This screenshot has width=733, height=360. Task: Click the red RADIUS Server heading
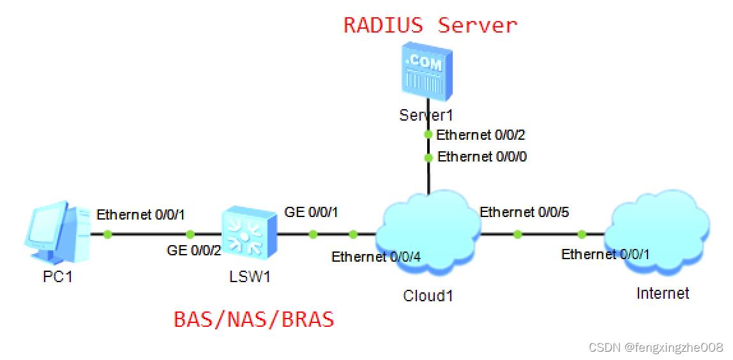[430, 25]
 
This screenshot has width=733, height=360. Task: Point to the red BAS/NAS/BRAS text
[254, 319]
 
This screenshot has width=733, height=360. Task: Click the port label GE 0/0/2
[193, 251]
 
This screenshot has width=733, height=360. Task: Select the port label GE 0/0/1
[311, 213]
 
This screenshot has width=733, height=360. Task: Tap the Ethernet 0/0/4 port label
[376, 257]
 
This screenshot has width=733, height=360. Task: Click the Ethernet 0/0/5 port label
[524, 213]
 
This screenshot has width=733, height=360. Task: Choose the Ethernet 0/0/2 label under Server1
[481, 135]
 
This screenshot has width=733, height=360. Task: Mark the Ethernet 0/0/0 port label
[482, 156]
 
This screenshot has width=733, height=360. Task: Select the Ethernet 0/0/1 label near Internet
[605, 254]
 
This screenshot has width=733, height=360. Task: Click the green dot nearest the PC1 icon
[107, 235]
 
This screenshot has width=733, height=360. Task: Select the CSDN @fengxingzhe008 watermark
[656, 347]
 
